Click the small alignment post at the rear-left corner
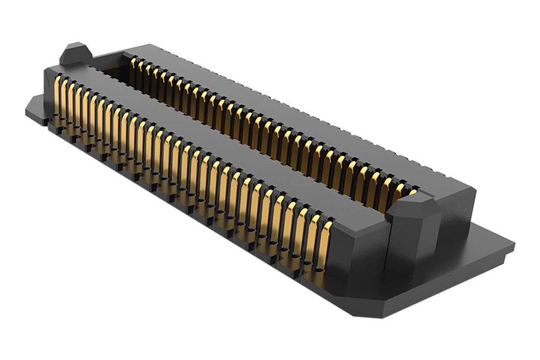(x=75, y=55)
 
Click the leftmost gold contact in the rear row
(x=133, y=62)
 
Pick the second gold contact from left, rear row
(x=140, y=65)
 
